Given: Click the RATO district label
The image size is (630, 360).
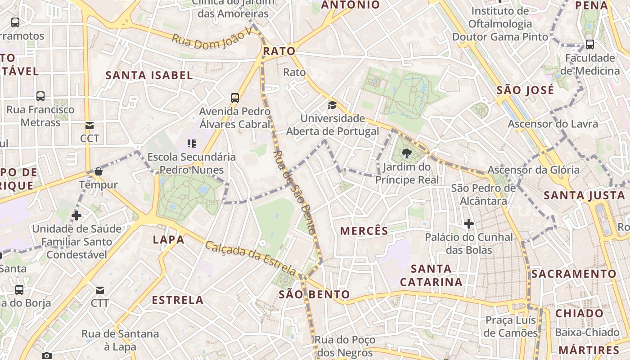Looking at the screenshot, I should (x=279, y=51).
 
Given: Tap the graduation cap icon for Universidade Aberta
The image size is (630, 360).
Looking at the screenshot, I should (x=332, y=105).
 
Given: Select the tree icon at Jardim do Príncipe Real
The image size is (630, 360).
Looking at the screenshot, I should (x=407, y=153).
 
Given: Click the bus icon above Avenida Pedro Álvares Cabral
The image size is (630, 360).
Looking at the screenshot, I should (x=234, y=98).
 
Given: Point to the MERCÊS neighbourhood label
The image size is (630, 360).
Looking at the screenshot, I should (x=364, y=231).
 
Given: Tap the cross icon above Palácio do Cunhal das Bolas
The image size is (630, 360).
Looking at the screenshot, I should (x=469, y=223).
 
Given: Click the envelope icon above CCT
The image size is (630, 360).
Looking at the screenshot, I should (x=90, y=126).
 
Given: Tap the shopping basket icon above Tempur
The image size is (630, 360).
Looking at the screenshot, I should (x=98, y=171).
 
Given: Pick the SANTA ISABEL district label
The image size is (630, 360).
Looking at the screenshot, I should (x=149, y=75).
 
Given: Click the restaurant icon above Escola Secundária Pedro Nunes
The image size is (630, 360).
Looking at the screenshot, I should (x=192, y=144).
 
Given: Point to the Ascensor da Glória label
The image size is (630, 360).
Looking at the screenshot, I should (x=534, y=170).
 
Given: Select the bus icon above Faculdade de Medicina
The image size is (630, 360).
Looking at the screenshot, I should (x=589, y=45).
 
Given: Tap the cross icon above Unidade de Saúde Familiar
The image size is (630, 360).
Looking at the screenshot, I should (x=76, y=216).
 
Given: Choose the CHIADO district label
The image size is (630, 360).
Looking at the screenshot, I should (x=580, y=313).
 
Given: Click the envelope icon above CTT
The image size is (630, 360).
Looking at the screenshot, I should (x=99, y=290).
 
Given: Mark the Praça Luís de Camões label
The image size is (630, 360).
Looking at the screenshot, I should (x=511, y=327).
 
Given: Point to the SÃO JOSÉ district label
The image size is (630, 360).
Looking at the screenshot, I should (x=525, y=90).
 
